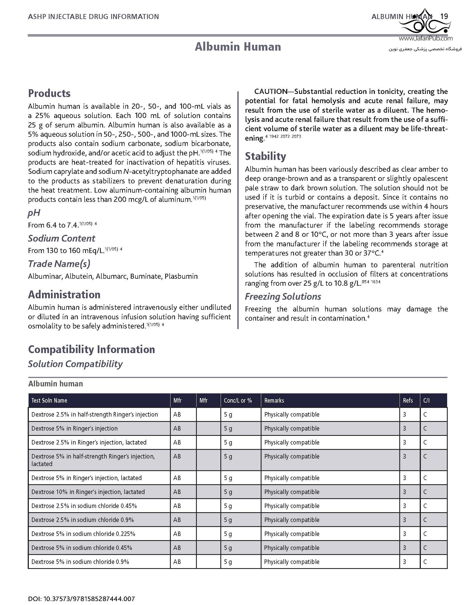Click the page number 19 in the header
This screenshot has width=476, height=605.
point(444,16)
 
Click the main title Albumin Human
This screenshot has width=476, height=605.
point(238,47)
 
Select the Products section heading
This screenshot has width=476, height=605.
point(49,93)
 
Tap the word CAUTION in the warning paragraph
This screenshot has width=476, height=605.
point(271,91)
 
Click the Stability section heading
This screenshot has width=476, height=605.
point(265,156)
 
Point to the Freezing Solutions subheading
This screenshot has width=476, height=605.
point(283,296)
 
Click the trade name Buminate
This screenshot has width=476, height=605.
point(146,276)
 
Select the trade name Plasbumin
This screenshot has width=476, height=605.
point(181,276)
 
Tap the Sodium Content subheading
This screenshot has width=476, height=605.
point(62,238)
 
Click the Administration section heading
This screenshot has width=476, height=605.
point(64,294)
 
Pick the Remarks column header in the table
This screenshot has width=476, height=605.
point(274,400)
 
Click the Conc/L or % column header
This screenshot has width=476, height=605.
point(238,400)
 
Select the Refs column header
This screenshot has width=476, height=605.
point(408,400)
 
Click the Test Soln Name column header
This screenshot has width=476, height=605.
point(49,400)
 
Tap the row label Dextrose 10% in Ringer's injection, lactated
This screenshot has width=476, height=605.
point(88,492)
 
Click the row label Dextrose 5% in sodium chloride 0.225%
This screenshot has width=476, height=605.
point(83,534)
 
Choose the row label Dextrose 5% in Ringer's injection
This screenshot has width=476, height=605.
point(74,428)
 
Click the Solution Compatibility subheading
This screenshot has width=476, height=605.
point(75,364)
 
